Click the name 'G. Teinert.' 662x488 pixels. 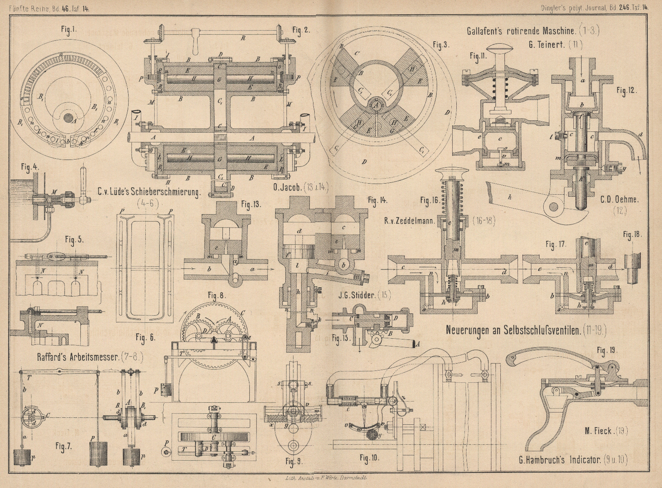(x=546, y=45)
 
